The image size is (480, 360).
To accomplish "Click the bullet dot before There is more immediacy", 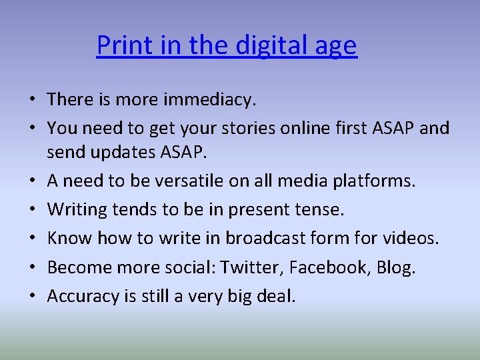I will pyautogui.click(x=32, y=101).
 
